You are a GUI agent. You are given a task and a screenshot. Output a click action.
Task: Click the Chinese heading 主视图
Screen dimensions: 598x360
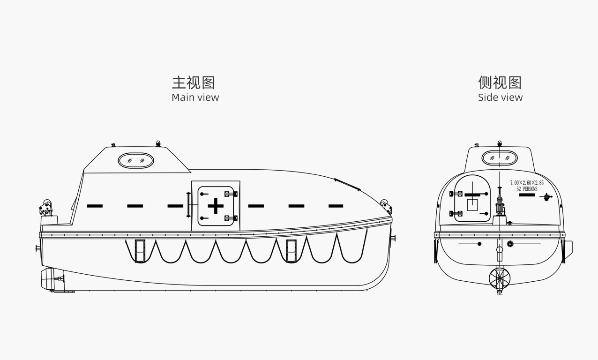tap(193, 82)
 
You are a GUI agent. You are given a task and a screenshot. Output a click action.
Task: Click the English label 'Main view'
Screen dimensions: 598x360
tap(195, 97)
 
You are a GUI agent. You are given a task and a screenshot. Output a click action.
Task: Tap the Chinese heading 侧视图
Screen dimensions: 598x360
tap(500, 82)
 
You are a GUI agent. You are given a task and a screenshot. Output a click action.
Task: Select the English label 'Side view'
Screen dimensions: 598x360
tap(501, 97)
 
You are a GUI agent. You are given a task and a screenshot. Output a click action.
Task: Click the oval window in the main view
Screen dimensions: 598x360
tap(136, 160)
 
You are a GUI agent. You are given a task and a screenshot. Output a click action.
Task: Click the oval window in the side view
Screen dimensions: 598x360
tap(500, 158)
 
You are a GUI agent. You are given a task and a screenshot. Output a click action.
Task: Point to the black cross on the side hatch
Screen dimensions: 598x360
tap(216, 206)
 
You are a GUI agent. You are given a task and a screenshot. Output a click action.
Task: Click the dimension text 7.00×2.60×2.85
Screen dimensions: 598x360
tap(527, 183)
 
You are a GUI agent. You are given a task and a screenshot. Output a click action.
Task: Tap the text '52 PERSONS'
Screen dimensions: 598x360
tap(527, 189)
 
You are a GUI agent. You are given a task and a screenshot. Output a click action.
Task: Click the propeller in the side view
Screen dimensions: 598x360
tap(500, 278)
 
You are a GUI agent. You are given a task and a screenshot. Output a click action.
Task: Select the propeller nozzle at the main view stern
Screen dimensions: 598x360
tap(49, 279)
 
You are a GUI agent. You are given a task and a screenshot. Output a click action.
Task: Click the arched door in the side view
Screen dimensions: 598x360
tap(472, 198)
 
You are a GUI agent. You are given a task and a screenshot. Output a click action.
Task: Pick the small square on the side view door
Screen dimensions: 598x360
tap(472, 205)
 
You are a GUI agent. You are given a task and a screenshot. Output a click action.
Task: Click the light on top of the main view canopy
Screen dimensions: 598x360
tap(158, 144)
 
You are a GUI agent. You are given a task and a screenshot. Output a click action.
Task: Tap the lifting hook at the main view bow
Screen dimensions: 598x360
tap(386, 206)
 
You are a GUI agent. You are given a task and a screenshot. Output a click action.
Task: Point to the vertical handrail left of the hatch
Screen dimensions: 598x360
tap(188, 204)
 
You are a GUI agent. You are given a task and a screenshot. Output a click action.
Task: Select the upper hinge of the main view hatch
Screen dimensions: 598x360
tap(231, 194)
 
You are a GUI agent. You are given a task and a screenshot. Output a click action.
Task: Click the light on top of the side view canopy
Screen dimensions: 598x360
tap(500, 144)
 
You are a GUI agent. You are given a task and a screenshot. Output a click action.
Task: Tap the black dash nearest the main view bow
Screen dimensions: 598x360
tap(336, 206)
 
